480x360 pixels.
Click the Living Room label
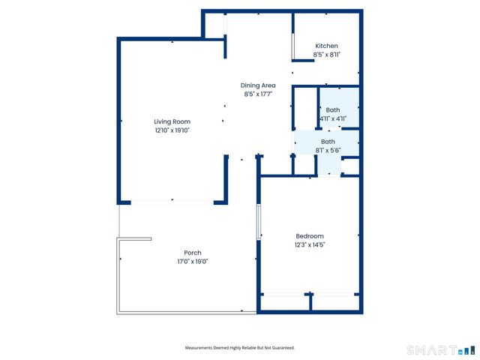pos(172,121)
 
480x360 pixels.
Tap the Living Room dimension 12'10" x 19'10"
pos(172,130)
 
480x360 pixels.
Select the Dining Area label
pos(257,85)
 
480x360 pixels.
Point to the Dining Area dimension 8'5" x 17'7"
pos(257,94)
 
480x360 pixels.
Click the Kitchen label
pos(326,46)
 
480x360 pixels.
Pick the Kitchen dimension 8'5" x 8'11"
pos(326,55)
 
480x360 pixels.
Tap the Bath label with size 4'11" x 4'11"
pos(332,109)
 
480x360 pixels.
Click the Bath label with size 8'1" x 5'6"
pos(328,141)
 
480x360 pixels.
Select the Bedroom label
pos(309,235)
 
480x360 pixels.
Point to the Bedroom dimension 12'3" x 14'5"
pos(309,244)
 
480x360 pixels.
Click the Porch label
pos(193,253)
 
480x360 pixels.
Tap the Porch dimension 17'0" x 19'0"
pos(193,262)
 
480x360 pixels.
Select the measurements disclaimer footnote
pos(240,348)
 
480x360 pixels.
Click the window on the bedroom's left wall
pos(259,220)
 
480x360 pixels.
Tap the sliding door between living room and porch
pos(172,201)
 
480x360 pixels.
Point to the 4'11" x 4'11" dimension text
pos(332,118)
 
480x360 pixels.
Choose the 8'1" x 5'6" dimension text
pos(328,150)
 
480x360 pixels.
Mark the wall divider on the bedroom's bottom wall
pos(310,301)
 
